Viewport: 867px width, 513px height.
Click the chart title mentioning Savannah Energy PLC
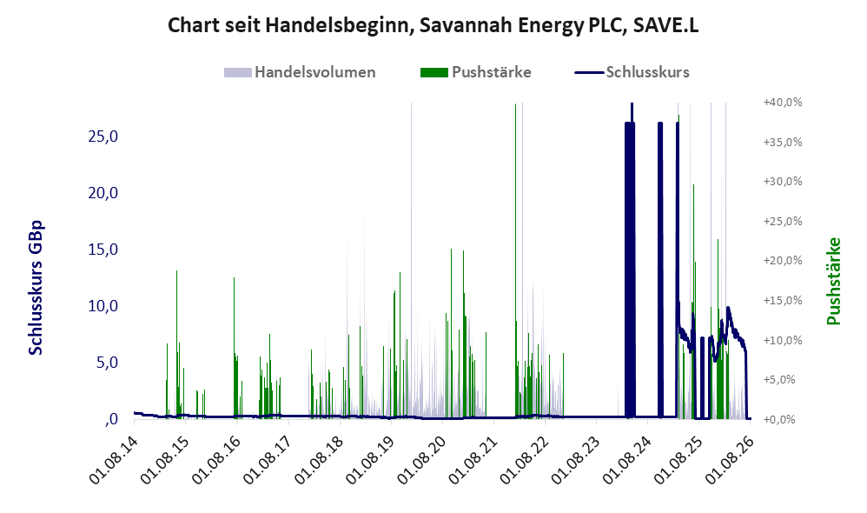(433, 25)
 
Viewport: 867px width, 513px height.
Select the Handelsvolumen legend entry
(300, 72)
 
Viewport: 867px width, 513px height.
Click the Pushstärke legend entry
(475, 72)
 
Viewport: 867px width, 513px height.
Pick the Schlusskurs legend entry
(632, 72)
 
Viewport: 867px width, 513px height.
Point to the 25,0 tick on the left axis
(103, 137)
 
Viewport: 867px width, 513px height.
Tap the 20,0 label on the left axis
(103, 192)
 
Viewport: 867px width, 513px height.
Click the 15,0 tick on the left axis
(103, 250)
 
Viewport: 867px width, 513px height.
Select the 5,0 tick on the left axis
(106, 363)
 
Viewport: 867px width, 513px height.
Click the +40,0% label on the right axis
(783, 103)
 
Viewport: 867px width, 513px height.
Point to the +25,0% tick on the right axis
(783, 222)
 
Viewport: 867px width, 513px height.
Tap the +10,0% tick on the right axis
(783, 340)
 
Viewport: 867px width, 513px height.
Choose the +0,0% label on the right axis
(784, 419)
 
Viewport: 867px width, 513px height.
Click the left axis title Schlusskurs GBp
(36, 288)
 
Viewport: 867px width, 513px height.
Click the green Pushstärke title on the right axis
(833, 281)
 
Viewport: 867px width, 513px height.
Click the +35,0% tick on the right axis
(783, 143)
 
